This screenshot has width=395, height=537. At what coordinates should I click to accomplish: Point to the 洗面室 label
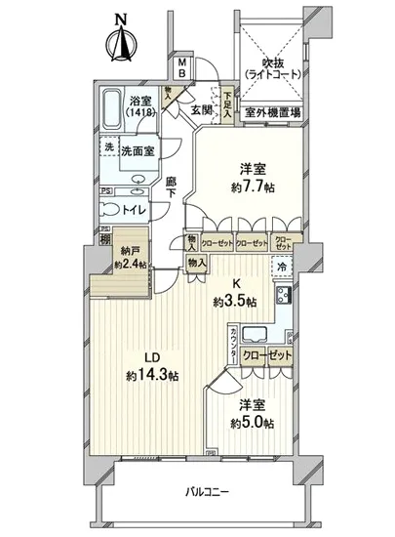tap(137, 150)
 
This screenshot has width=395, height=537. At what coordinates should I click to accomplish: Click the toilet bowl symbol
tap(110, 207)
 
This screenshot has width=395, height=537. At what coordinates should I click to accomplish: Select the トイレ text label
tap(140, 207)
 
